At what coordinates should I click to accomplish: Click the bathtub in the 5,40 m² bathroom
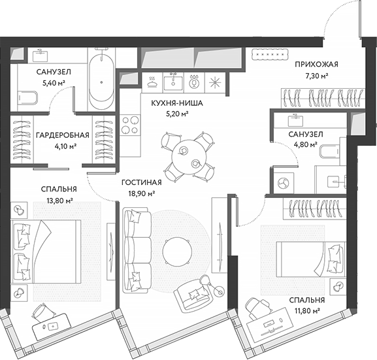tap(101, 82)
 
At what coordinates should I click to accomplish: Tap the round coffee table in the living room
tap(176, 249)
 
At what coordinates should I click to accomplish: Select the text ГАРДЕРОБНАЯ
tap(63, 135)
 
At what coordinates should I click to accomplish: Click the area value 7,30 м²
tap(316, 76)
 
